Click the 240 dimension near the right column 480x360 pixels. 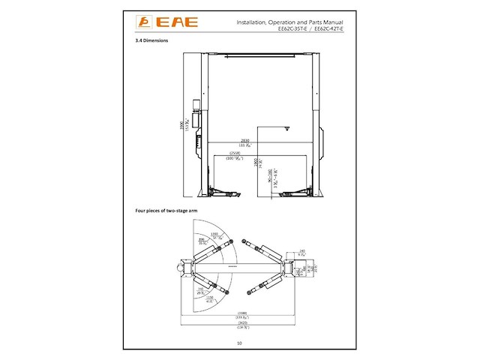(301, 251)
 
